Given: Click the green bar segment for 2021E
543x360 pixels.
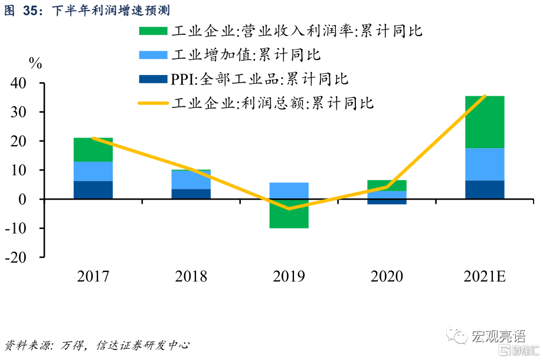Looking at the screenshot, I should tap(485, 122).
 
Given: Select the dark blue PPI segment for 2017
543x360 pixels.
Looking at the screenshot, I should tap(93, 189).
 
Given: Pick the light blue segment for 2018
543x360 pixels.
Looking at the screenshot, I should tap(191, 179).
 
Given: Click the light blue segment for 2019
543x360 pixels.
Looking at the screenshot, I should tap(289, 191).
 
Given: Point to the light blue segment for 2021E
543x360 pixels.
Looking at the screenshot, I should tap(485, 164).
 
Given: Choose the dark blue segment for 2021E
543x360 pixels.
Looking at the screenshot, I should tap(485, 189).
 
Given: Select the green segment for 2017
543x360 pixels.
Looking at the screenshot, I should tap(93, 149).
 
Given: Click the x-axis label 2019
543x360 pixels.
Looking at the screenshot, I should tap(289, 276).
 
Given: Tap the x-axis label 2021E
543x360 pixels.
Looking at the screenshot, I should tap(485, 276).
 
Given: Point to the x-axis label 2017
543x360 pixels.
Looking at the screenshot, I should tap(93, 276).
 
